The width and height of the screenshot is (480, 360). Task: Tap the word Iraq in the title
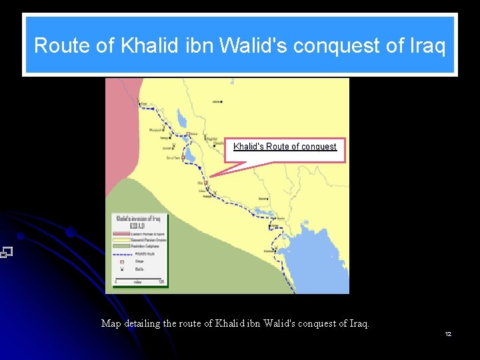426,45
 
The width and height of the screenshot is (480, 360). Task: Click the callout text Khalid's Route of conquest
285,147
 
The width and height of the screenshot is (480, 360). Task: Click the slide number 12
448,333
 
